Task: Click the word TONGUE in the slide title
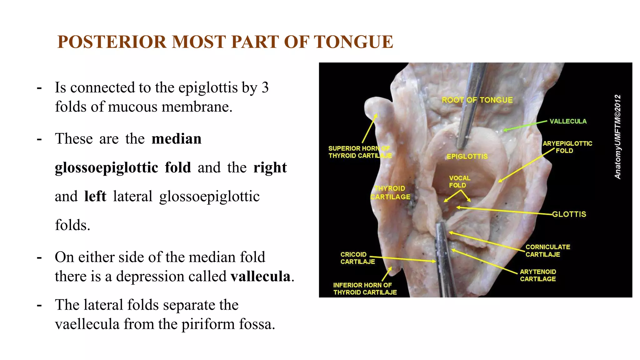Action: tap(353, 42)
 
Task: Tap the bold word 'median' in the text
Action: tap(177, 139)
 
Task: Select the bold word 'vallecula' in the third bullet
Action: tap(261, 276)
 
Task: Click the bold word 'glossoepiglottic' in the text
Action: tap(107, 168)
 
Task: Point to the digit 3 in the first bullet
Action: tap(265, 87)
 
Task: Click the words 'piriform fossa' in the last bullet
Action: tap(228, 324)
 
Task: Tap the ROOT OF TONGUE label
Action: tap(477, 100)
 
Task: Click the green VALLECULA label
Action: tap(568, 121)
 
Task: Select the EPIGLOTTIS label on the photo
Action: tap(467, 156)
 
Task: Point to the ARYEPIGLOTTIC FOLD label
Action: tap(567, 147)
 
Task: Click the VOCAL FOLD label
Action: tap(459, 182)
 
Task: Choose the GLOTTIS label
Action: tap(569, 214)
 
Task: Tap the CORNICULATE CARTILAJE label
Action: tap(547, 251)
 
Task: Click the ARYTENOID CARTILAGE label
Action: tap(538, 275)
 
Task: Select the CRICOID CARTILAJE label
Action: tap(357, 258)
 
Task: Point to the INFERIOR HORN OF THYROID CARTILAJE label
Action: tap(365, 289)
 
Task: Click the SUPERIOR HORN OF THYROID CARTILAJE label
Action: tap(360, 152)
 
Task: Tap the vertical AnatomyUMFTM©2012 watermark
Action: tap(617, 137)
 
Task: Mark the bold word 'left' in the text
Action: tap(95, 197)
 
